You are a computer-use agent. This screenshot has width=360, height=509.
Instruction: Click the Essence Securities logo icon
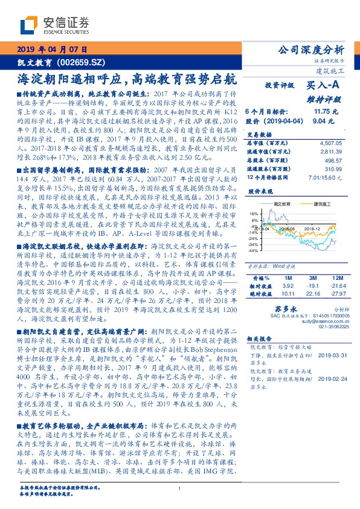click(x=29, y=25)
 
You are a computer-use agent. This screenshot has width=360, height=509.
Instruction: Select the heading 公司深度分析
click(x=309, y=50)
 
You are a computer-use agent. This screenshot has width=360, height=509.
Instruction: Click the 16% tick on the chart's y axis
click(x=254, y=213)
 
